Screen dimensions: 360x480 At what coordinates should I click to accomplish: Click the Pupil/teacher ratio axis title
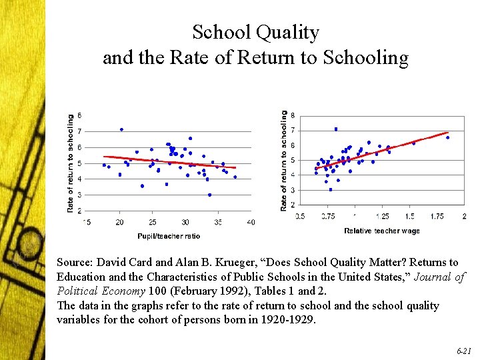click(169, 235)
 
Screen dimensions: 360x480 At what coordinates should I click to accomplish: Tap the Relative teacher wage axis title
click(382, 231)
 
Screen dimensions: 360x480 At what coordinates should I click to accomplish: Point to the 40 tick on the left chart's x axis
click(251, 222)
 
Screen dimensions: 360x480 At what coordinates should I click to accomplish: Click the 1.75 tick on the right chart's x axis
click(437, 216)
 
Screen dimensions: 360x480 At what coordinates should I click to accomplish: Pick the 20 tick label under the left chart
click(120, 222)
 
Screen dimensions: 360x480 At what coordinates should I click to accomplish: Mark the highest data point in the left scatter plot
click(121, 129)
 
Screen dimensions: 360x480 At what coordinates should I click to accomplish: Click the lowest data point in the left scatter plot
click(209, 195)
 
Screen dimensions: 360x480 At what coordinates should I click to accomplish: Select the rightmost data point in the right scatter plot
click(447, 137)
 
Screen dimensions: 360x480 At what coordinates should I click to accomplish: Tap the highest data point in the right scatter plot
click(336, 129)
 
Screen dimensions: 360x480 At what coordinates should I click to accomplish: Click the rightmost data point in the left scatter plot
click(235, 177)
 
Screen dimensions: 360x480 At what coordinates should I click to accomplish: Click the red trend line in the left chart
click(173, 162)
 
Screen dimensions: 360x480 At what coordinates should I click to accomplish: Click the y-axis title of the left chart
click(71, 163)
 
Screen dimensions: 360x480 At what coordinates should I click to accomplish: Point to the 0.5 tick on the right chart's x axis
click(301, 216)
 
